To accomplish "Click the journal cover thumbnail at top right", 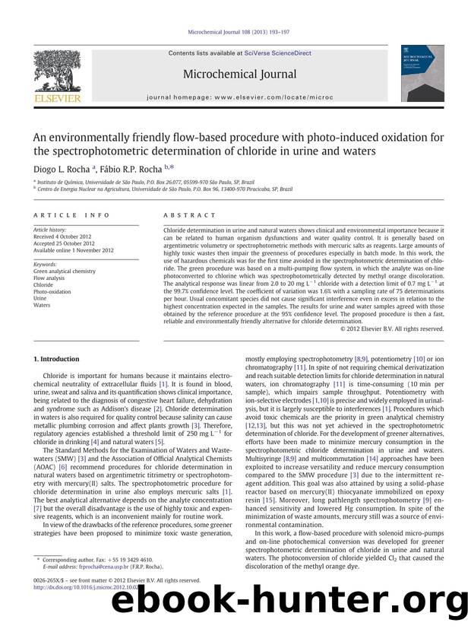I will (422, 73).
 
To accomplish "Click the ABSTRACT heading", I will (185, 215).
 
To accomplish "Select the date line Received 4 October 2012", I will (67, 236).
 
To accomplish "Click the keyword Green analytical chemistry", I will (65, 271).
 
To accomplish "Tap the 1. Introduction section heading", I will (56, 358).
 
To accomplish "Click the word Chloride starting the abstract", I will (175, 230).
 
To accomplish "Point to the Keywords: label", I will (46, 264).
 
